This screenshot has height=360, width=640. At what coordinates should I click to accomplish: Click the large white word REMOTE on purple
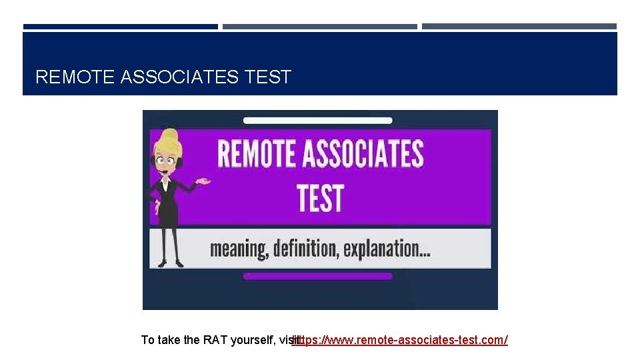click(255, 154)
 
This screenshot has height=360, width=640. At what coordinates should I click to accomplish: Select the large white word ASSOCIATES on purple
click(363, 154)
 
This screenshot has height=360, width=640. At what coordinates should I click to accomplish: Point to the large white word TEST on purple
click(320, 198)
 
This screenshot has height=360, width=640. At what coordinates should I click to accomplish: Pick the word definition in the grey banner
click(312, 249)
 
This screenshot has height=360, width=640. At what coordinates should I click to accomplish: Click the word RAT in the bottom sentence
click(215, 341)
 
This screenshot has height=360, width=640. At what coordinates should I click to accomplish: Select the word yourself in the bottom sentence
click(254, 341)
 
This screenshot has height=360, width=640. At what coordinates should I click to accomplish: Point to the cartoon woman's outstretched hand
click(203, 181)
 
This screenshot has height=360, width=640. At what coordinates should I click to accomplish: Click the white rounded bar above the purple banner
click(317, 121)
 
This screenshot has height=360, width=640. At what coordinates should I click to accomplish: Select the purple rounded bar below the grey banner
click(317, 276)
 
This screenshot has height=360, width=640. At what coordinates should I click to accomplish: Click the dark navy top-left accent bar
click(120, 27)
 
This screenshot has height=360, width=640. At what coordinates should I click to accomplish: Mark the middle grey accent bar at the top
click(319, 27)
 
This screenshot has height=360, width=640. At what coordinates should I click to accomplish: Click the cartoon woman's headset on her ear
click(159, 161)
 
